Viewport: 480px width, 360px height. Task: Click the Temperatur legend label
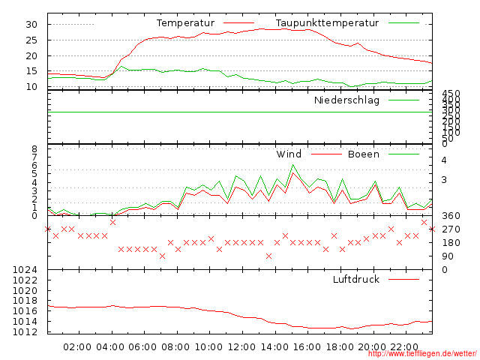click(185, 23)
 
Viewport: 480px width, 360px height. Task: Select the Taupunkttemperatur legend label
click(326, 23)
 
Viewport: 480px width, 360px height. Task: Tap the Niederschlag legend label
click(346, 100)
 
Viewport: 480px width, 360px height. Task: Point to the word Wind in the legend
click(289, 154)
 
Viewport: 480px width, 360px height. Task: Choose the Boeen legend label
click(364, 154)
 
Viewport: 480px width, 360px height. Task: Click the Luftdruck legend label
click(356, 280)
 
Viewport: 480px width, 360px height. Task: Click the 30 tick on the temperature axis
click(31, 24)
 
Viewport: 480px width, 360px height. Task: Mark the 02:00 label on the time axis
click(78, 346)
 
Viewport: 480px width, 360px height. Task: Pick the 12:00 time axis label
click(241, 346)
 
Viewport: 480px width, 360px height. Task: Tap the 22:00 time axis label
click(405, 346)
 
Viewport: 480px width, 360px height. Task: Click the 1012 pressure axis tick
click(25, 331)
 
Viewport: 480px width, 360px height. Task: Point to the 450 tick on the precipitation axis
click(451, 94)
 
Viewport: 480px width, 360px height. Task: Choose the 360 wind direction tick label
click(451, 216)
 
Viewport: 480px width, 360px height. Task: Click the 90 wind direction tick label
click(448, 256)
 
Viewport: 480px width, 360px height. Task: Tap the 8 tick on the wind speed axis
click(34, 150)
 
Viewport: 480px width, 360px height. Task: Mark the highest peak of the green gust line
click(293, 165)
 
